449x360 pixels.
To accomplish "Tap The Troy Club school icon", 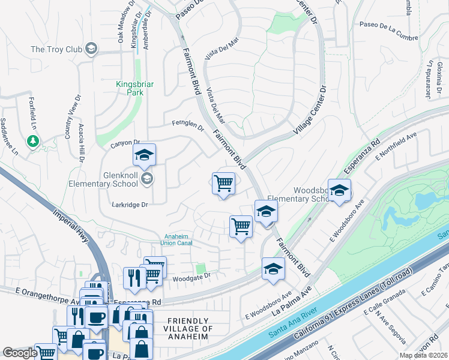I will click(91, 49).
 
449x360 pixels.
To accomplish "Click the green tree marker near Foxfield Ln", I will click(33, 142).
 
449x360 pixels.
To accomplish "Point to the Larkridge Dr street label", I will click(129, 205).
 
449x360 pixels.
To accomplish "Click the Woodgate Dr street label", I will click(191, 276).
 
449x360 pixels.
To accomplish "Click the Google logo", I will click(20, 353).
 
